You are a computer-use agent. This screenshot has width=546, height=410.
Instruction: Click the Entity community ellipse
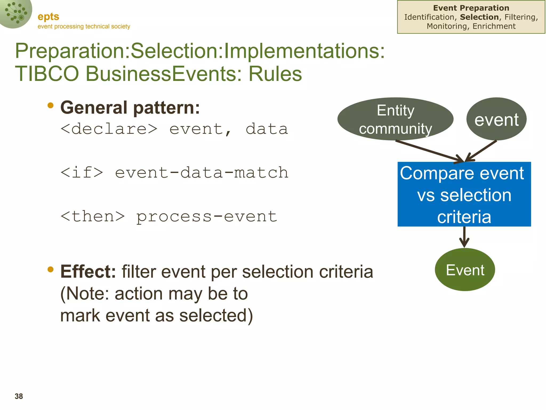click(395, 119)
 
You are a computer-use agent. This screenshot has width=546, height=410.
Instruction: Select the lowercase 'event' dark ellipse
click(496, 119)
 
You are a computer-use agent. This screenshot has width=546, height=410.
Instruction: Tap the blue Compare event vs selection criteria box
click(464, 194)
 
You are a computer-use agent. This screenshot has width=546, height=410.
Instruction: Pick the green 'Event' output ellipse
click(465, 270)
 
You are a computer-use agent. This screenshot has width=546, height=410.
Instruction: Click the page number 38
click(19, 396)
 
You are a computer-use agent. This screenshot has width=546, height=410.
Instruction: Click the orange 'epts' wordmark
click(48, 17)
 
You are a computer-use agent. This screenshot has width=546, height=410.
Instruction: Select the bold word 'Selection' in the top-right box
click(479, 17)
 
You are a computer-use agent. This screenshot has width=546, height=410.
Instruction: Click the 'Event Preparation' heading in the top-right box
click(471, 8)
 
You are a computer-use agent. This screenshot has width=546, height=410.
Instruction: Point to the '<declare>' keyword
click(109, 129)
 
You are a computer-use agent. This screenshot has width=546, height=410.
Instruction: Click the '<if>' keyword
click(82, 172)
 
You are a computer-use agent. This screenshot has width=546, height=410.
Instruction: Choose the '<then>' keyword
click(93, 216)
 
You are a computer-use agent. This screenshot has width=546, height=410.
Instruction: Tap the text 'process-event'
click(207, 216)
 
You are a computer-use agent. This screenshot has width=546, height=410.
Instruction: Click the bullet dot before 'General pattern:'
click(50, 106)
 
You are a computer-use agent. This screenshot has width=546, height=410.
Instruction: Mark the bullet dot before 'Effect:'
click(50, 269)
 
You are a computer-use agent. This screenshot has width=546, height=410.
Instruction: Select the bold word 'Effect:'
click(88, 271)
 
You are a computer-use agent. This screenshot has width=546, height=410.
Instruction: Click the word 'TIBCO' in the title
click(47, 74)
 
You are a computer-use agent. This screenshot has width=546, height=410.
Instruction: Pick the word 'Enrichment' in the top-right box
click(494, 26)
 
